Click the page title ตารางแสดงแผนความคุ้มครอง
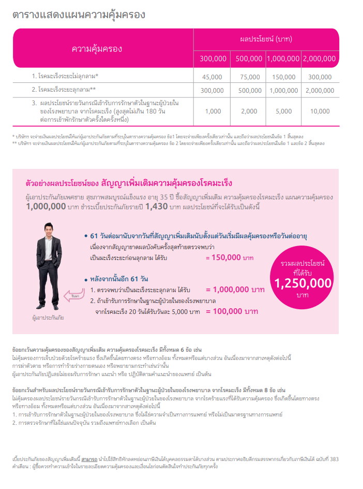(x=79, y=15)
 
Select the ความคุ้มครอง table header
(x=97, y=49)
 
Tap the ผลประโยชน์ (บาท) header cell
(x=267, y=39)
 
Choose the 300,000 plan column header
(x=213, y=59)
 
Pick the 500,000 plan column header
(x=249, y=59)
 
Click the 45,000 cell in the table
(x=213, y=77)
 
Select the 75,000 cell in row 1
(x=249, y=77)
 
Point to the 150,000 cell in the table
(x=283, y=77)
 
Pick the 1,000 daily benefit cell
(x=213, y=111)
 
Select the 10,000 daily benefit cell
(x=319, y=111)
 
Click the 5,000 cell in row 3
(x=283, y=111)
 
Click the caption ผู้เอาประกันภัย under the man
(x=48, y=316)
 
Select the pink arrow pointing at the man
(x=72, y=296)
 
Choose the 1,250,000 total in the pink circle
(x=303, y=283)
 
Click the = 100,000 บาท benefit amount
(x=232, y=311)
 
